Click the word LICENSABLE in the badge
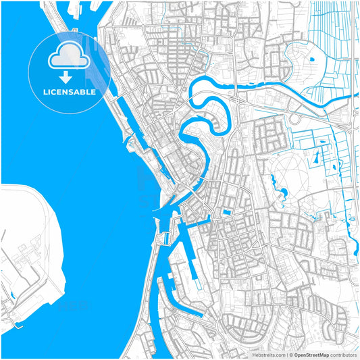[70, 91]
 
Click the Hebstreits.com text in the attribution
[268, 354]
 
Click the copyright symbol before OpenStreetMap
[290, 354]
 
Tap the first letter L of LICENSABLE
[45, 91]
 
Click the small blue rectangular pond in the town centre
[226, 213]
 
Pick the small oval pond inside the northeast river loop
[312, 59]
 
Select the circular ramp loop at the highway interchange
[295, 119]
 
